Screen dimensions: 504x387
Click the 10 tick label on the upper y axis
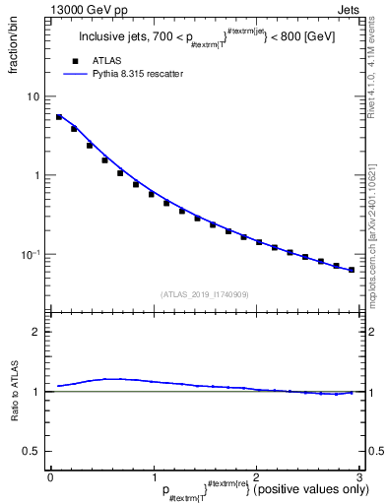[x=33, y=96]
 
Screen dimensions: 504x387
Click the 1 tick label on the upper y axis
[x=37, y=175]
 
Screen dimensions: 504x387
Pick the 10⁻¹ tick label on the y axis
[x=31, y=254]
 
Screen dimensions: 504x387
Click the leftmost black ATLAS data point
[x=58, y=116]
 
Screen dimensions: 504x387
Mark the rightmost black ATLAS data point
[x=352, y=270]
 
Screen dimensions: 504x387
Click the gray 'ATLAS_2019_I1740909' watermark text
[x=204, y=294]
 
